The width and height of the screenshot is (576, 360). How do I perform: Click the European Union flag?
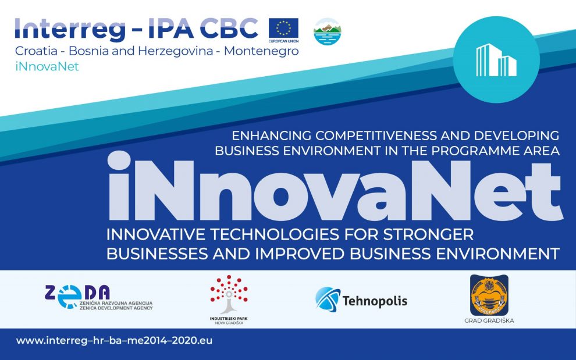point(283,28)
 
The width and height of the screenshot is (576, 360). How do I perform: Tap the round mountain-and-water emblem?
point(328,31)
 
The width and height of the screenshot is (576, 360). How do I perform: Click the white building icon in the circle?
point(496,60)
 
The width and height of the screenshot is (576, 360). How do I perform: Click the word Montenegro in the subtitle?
point(261,51)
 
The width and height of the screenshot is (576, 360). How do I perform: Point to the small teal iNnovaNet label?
point(47,66)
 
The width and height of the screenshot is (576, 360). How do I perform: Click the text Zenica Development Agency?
point(116,308)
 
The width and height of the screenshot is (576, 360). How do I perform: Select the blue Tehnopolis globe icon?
point(328,300)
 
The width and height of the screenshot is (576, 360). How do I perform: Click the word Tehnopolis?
point(375,301)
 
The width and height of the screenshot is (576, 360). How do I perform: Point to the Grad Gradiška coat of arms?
point(489,295)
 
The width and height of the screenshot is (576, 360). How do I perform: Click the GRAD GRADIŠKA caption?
point(489,320)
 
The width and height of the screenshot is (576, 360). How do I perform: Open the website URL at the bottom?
point(114,341)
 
